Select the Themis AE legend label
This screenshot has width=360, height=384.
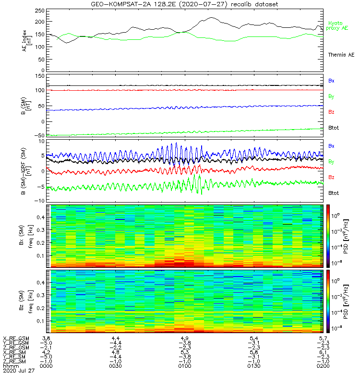click(x=341, y=55)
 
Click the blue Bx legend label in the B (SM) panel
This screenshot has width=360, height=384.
click(x=331, y=81)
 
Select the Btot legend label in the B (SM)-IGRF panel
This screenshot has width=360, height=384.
click(x=333, y=192)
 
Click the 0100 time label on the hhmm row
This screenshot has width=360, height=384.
click(x=184, y=366)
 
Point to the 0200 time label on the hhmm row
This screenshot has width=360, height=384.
click(x=322, y=366)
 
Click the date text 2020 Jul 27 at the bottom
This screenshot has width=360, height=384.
click(x=19, y=371)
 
